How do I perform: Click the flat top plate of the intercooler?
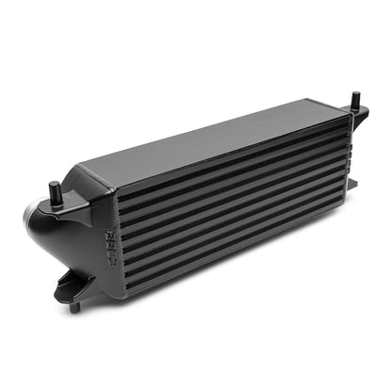click(217, 141)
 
